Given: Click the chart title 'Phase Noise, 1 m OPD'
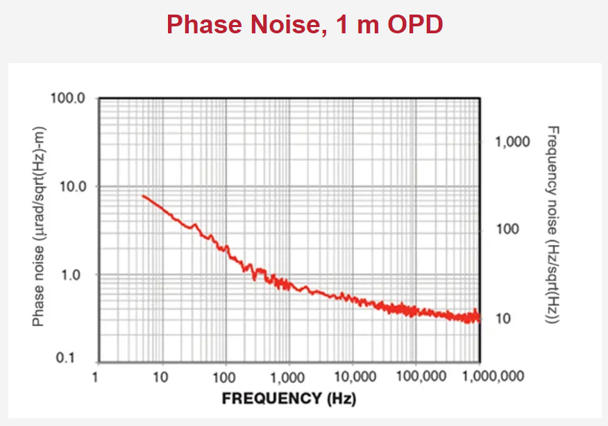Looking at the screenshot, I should [x=304, y=25].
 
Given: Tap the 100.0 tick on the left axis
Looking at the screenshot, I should [x=68, y=98].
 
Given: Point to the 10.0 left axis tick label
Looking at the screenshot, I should [x=71, y=187].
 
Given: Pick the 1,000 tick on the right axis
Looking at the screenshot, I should [x=512, y=142].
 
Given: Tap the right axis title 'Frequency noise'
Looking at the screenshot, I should [x=553, y=225].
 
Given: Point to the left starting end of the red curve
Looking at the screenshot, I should [x=143, y=196].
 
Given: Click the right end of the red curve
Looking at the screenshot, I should [x=479, y=318].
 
